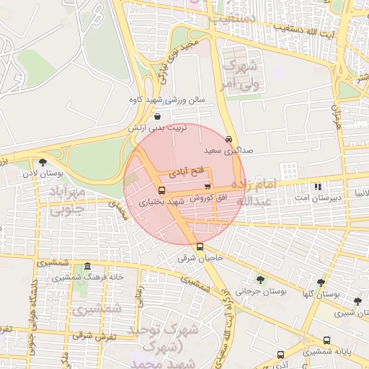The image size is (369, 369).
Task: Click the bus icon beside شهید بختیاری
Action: pyautogui.click(x=161, y=191)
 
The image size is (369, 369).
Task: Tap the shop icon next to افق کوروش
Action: pyautogui.click(x=208, y=186)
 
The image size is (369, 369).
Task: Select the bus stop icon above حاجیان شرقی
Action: pyautogui.click(x=200, y=247)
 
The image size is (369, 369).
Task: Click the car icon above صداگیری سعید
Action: pyautogui.click(x=228, y=139)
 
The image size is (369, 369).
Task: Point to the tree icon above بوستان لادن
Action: pyautogui.click(x=43, y=162)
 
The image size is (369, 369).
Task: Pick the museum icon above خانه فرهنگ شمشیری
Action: pyautogui.click(x=87, y=265)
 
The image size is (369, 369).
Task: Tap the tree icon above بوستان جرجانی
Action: pyautogui.click(x=259, y=280)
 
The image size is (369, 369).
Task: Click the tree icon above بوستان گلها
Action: pyautogui.click(x=321, y=283)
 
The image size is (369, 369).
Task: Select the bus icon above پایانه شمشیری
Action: pyautogui.click(x=326, y=341)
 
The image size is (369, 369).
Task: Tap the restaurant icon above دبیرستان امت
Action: pyautogui.click(x=317, y=186)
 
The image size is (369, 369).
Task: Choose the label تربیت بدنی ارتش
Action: pyautogui.click(x=157, y=127)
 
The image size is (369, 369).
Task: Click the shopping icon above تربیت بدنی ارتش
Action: pyautogui.click(x=158, y=115)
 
